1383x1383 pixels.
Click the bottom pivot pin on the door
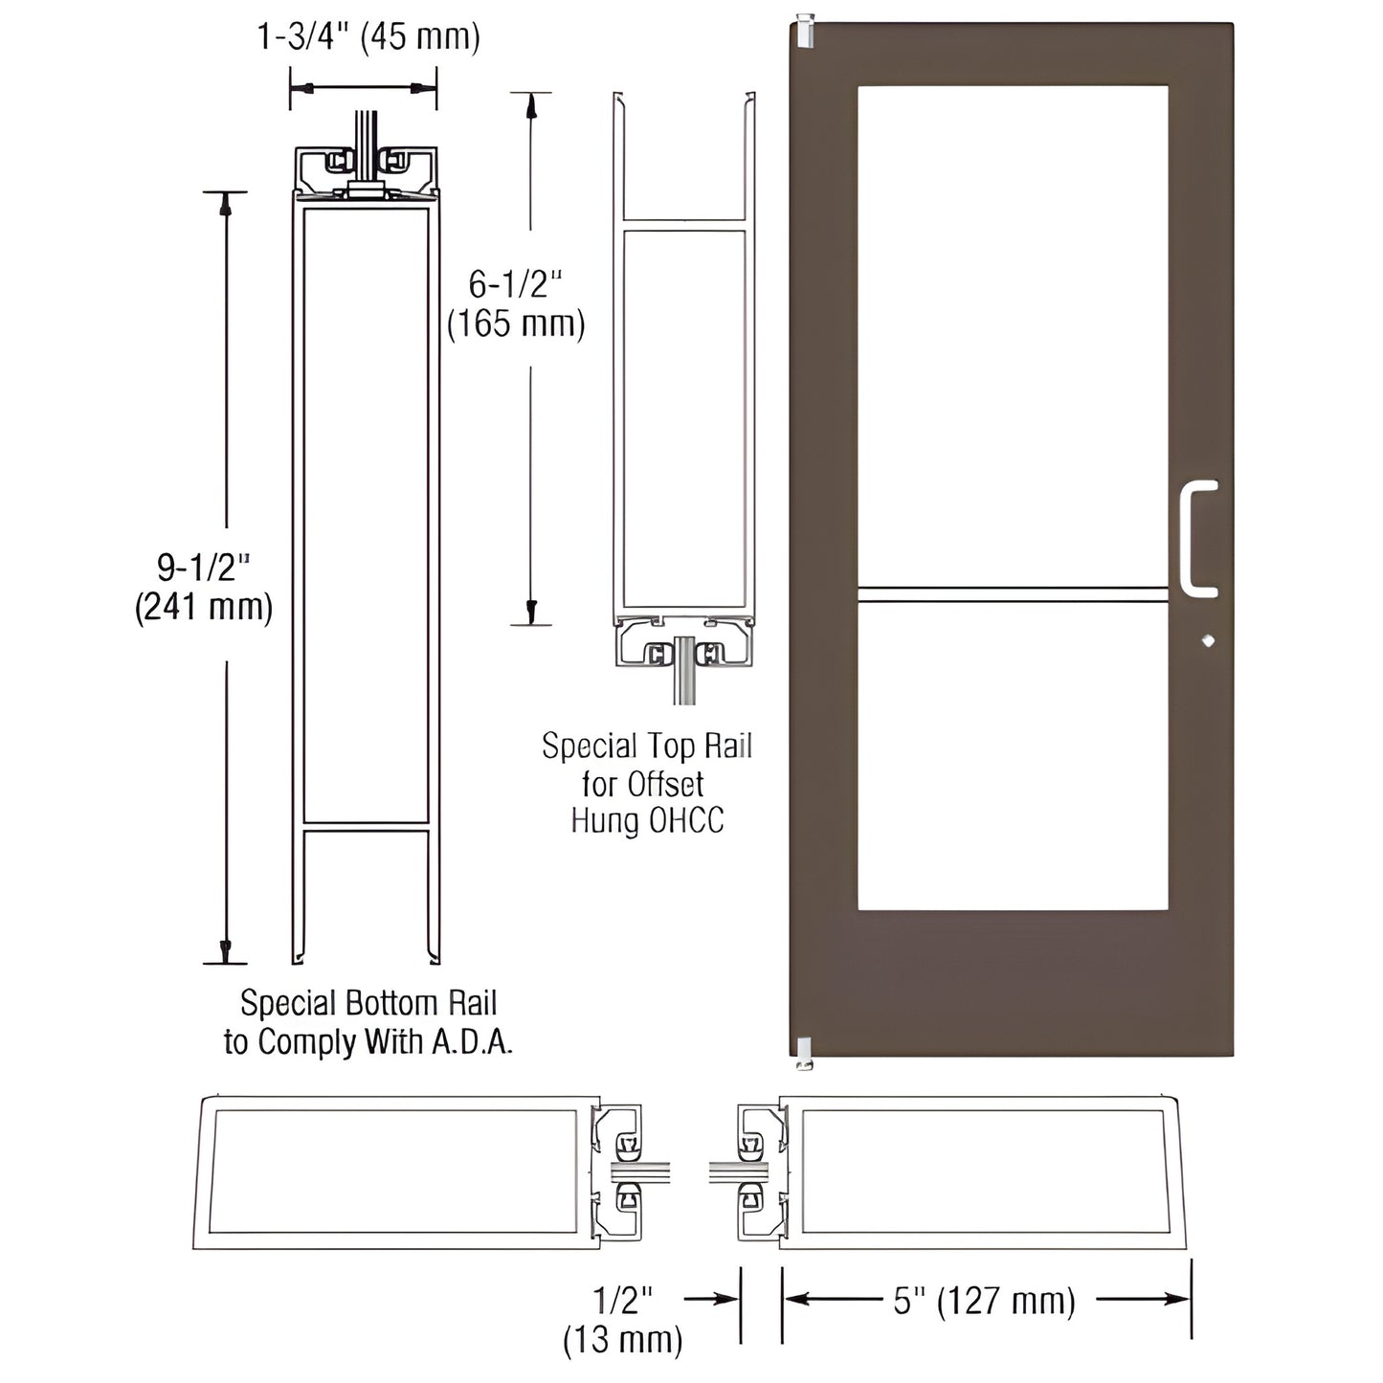804,1052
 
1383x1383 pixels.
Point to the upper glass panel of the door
1012,335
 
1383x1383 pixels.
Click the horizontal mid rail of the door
1012,594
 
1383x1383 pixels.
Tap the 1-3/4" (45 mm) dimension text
368,36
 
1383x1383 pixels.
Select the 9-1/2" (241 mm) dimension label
204,588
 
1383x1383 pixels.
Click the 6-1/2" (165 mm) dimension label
516,304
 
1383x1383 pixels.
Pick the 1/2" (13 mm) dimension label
623,1319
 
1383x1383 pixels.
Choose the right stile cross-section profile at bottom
984,1172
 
